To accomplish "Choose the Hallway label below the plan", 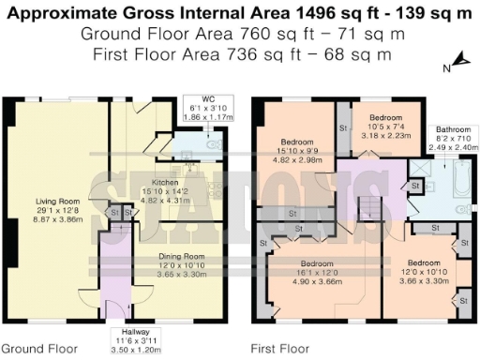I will [123, 332].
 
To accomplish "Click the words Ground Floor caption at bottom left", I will [38, 348].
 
